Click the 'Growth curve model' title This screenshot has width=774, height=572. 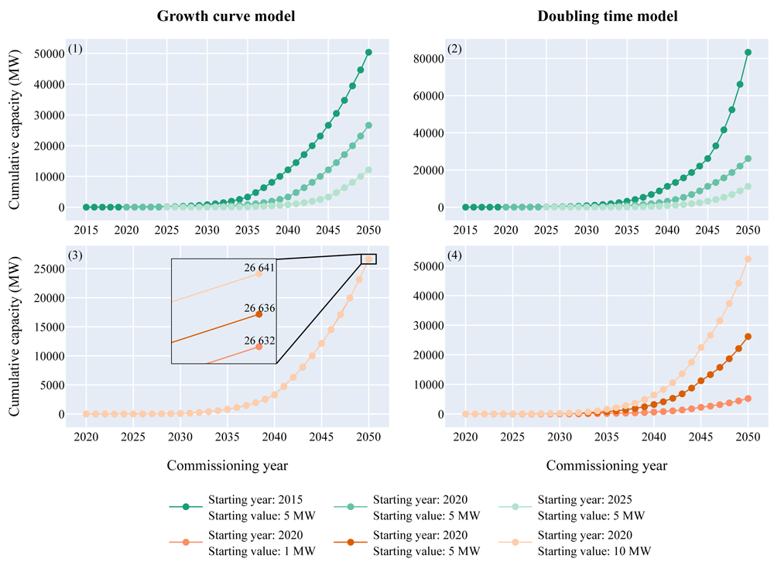(226, 16)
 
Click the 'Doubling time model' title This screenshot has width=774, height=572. (607, 16)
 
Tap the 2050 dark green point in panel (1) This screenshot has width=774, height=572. (368, 53)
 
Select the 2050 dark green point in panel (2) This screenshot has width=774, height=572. (748, 53)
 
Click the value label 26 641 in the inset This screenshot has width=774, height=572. (259, 268)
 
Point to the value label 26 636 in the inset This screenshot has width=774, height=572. (259, 308)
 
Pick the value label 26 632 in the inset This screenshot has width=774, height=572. (259, 341)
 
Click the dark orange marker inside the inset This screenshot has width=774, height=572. (259, 314)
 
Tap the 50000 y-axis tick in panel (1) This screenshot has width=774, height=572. (50, 53)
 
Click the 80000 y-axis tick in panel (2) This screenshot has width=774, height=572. (429, 59)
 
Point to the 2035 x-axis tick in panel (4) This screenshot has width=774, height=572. (607, 437)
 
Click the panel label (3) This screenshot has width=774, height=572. (75, 255)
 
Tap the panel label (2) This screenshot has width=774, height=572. (454, 49)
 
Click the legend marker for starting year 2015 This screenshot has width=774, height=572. (186, 507)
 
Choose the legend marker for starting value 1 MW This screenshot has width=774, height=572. (186, 543)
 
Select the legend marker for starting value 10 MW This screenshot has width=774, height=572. (515, 543)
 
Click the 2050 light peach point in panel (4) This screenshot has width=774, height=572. (748, 259)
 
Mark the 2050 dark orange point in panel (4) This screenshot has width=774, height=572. (748, 337)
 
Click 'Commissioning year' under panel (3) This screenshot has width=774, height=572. (227, 465)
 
